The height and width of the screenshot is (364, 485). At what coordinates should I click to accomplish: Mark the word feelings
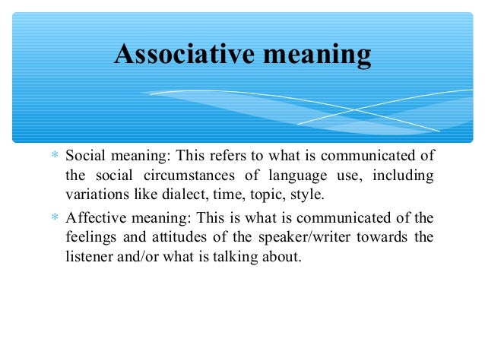pyautogui.click(x=90, y=237)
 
